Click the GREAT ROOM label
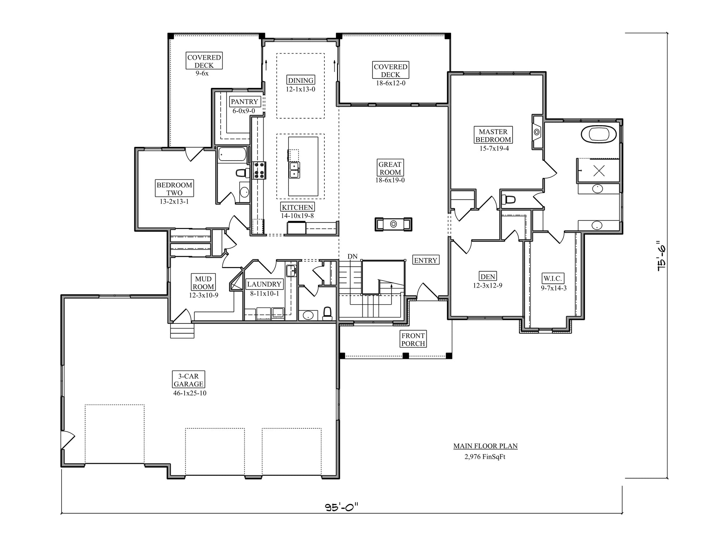390,168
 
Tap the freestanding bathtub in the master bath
599,134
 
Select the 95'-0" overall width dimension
341,507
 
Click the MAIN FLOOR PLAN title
485,446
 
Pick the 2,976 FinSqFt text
485,457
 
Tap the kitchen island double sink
294,170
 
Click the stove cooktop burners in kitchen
259,170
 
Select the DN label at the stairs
352,256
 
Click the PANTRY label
244,102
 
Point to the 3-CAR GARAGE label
188,380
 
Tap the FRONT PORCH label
413,339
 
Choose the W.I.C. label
552,279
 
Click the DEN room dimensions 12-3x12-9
487,285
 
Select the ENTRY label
425,260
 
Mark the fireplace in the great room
393,224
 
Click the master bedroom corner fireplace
537,132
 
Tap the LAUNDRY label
264,284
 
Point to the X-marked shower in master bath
599,170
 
